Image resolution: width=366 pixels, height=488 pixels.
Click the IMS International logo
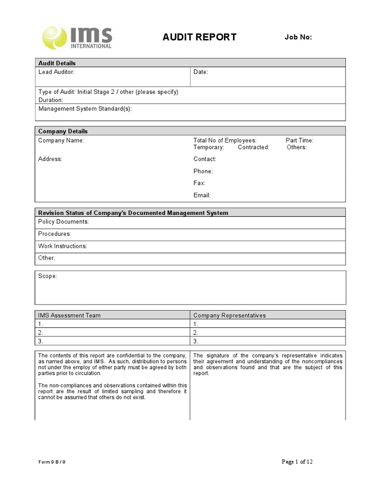coord(77,37)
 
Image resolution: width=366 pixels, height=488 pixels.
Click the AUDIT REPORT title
coord(199,37)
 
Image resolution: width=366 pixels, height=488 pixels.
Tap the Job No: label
coord(298,37)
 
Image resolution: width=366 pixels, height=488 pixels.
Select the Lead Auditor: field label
coord(56,72)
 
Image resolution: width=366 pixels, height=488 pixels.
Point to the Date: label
coord(201,72)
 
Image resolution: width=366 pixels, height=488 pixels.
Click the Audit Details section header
coord(57,63)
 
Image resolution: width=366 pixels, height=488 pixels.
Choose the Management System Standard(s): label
coord(85,109)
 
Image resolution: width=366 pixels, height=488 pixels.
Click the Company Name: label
coord(61,141)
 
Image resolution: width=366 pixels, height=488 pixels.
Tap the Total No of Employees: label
coord(225,141)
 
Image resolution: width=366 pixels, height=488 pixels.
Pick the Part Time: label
coord(299,141)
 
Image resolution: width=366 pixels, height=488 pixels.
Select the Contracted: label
coord(254,147)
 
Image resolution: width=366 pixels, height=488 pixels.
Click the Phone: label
coord(203,171)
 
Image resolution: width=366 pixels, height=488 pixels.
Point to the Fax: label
coord(199,183)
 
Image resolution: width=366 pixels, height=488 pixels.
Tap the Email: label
coord(202,195)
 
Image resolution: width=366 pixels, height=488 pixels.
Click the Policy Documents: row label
coord(63,222)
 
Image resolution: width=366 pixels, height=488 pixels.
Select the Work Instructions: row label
coord(62,246)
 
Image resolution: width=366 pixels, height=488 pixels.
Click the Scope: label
coord(48,276)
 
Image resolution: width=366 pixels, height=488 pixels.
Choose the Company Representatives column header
coord(229,315)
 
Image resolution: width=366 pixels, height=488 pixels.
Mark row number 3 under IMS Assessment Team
coord(41,341)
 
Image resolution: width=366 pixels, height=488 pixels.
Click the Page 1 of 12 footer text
coord(297,461)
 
